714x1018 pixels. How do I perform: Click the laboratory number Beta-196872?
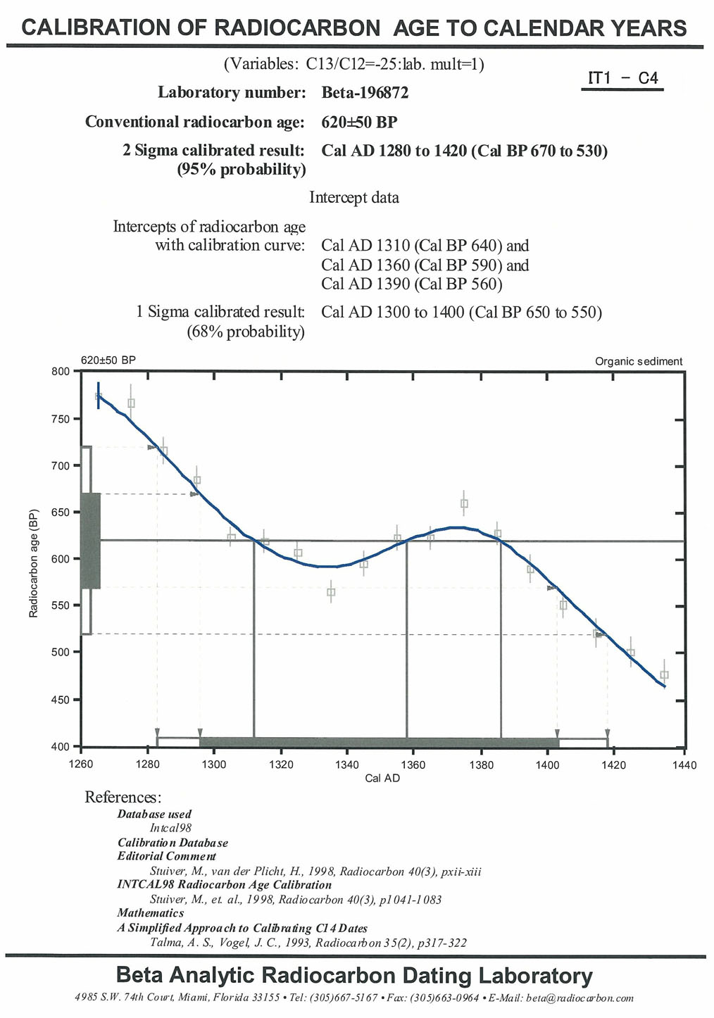pos(365,93)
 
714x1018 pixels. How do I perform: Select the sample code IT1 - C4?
pos(622,78)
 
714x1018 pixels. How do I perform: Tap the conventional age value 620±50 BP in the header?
pos(359,122)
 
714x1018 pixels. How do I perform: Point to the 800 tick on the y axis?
pos(62,371)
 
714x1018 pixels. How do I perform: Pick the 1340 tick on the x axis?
pos(346,765)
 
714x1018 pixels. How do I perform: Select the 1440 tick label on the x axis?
pos(684,765)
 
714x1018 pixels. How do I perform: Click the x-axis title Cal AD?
pos(382,778)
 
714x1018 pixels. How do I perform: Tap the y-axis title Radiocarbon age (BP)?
pos(33,563)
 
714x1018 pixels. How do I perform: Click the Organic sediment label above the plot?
pos(639,362)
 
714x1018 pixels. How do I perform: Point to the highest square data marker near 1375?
pos(464,503)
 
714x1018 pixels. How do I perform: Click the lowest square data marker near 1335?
pos(331,592)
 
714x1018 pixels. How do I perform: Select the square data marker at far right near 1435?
pos(664,675)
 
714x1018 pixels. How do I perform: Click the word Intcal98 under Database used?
pos(170,828)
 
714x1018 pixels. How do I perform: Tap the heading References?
pos(123,797)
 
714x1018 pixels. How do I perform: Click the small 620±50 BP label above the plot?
pos(108,360)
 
